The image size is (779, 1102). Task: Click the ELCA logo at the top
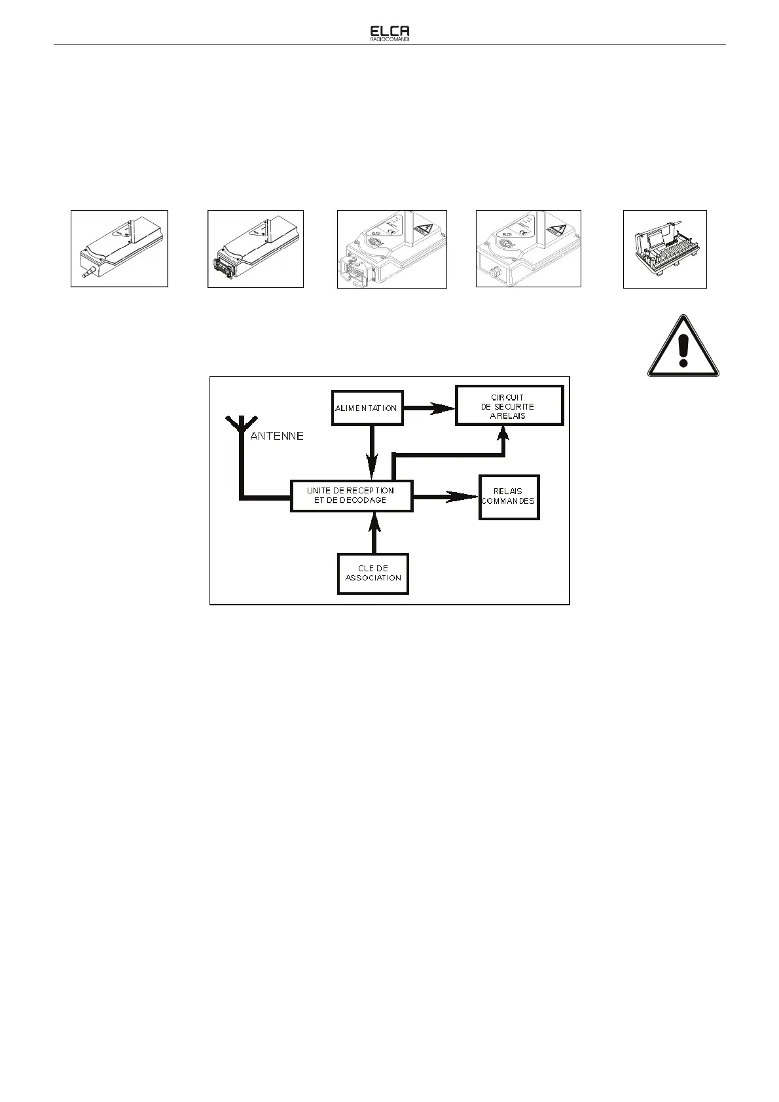[390, 31]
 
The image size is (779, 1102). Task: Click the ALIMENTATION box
[367, 408]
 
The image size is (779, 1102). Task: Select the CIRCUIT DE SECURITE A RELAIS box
[509, 406]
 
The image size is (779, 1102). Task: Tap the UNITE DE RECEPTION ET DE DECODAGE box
[352, 496]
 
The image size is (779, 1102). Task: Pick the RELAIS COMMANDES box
[509, 497]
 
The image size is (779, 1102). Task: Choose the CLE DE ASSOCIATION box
[373, 574]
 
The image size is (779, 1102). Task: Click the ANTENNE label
[277, 436]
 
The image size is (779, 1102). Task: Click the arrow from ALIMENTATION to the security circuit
[429, 408]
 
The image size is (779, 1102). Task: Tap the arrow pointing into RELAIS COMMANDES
[446, 497]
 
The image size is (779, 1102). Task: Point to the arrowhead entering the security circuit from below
[503, 434]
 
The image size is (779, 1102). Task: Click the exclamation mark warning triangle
[683, 347]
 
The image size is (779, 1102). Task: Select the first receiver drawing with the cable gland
[119, 249]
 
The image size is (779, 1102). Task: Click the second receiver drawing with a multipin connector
[255, 249]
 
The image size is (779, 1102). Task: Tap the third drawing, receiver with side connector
[391, 249]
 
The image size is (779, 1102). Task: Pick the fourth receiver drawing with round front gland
[528, 249]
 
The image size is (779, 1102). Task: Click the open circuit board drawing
[664, 249]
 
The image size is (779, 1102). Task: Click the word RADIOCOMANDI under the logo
[390, 39]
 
